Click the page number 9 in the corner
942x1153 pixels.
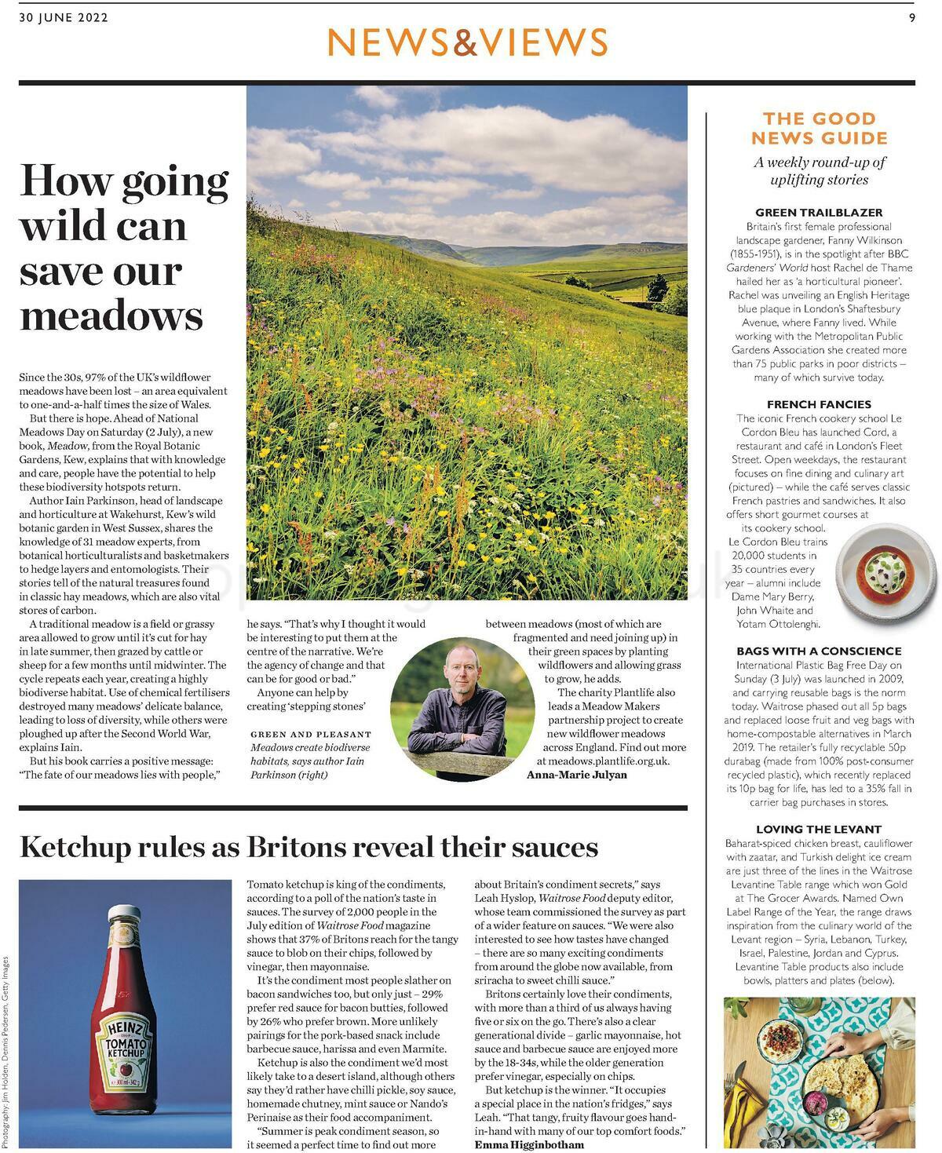tap(912, 18)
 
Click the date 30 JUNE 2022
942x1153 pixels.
tap(63, 18)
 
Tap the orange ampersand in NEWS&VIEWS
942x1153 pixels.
tap(466, 42)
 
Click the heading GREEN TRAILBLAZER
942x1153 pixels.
tap(819, 212)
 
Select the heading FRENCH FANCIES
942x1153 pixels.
tap(819, 404)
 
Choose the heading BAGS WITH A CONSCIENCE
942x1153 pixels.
tap(819, 651)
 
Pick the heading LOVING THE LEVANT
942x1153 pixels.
tap(819, 829)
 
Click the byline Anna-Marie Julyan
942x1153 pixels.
tap(577, 775)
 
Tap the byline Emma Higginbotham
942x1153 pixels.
tap(529, 1144)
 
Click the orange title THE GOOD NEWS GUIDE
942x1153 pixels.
tap(819, 129)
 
